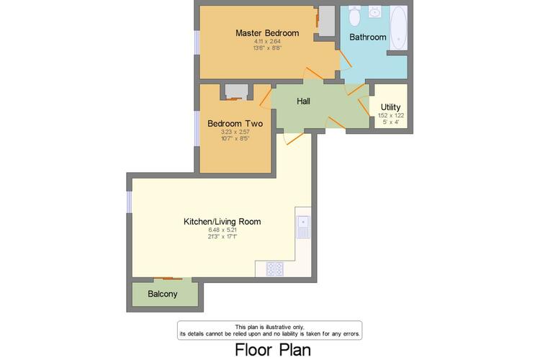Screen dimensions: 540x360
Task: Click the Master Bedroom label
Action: click(x=267, y=33)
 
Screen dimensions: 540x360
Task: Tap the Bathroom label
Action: click(x=368, y=37)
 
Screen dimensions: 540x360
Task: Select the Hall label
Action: click(x=303, y=102)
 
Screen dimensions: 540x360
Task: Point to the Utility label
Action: click(x=390, y=107)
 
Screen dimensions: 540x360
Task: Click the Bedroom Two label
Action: click(x=235, y=123)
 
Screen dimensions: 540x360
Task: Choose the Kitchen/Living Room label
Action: click(x=222, y=222)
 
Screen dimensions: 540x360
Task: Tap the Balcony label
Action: click(x=163, y=294)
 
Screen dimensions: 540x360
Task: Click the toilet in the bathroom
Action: click(x=354, y=16)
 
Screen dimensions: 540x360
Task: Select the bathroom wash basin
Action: click(x=374, y=12)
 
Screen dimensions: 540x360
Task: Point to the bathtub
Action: click(x=399, y=28)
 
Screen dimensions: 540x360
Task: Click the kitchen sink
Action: click(x=303, y=227)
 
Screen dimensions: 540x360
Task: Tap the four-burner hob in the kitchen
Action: click(x=275, y=269)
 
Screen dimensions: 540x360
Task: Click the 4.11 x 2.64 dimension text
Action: click(x=267, y=41)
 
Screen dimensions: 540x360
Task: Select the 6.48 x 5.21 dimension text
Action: click(x=222, y=230)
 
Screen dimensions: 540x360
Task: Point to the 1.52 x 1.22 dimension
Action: click(x=391, y=115)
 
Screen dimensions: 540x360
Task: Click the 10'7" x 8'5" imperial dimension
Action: click(x=235, y=138)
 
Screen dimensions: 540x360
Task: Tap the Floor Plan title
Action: click(x=273, y=350)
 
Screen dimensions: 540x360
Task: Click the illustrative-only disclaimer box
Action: click(x=270, y=330)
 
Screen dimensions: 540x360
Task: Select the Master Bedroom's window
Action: click(x=197, y=42)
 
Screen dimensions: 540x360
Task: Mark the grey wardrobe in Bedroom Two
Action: click(x=237, y=91)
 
